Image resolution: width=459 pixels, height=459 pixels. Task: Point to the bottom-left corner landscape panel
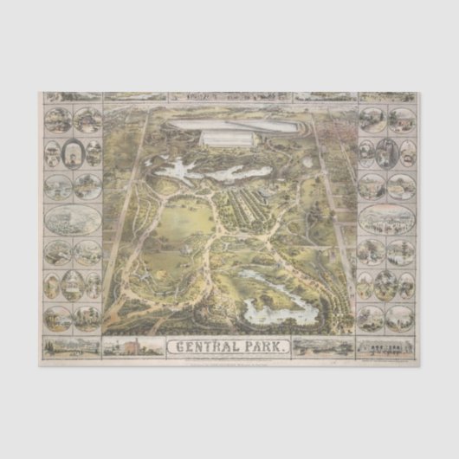coord(72,347)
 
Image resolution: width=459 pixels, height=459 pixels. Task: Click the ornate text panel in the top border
coord(229,96)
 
